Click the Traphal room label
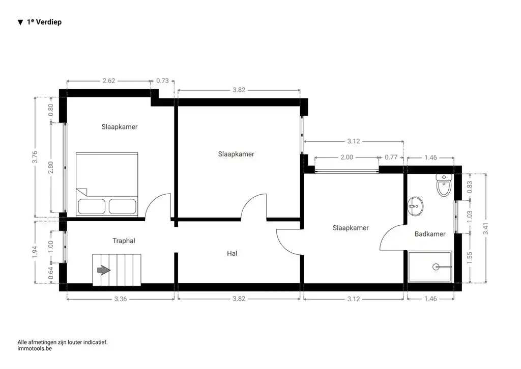(x=124, y=241)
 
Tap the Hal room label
(x=232, y=253)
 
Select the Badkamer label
(x=429, y=234)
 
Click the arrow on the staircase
(x=104, y=270)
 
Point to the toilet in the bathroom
(x=444, y=186)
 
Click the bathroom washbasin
(x=415, y=206)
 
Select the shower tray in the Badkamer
(x=430, y=266)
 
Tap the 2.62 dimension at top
(x=109, y=81)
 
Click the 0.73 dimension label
(x=162, y=81)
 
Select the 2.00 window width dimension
(x=346, y=157)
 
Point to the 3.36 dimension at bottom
(x=120, y=299)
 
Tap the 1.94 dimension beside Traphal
(x=35, y=252)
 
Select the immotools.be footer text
(x=35, y=349)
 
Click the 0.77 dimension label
(x=391, y=157)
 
